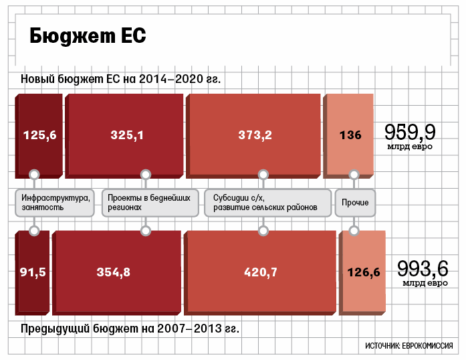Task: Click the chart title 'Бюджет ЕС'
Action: point(86,37)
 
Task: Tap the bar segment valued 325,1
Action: point(126,134)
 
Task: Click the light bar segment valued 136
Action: point(350,134)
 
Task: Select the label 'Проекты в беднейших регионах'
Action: point(150,203)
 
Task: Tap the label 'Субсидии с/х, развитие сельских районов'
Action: point(268,203)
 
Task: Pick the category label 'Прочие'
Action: point(355,203)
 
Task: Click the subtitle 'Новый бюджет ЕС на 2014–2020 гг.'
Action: point(120,80)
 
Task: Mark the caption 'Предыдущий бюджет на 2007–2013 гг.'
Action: point(130,329)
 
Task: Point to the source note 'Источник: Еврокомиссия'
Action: point(409,346)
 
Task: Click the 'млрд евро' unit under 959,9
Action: point(409,146)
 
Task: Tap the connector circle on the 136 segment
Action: point(354,174)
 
